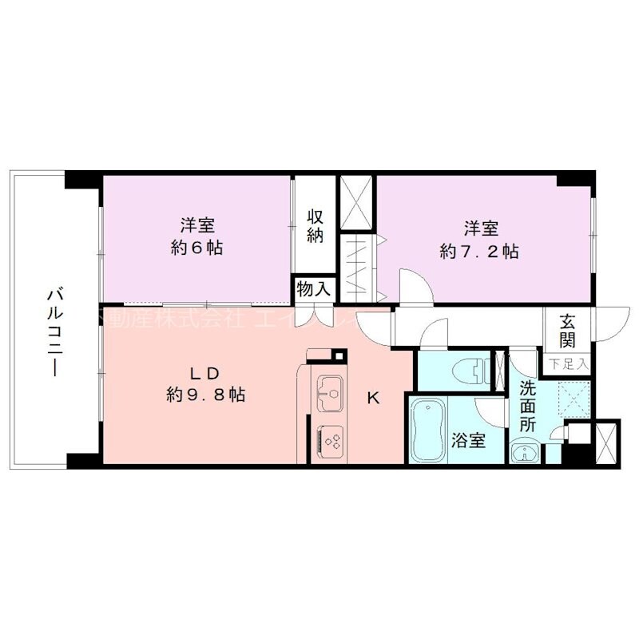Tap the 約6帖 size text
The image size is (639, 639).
tap(196, 248)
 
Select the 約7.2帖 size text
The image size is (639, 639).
tap(479, 252)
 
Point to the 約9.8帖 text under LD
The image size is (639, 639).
tap(206, 394)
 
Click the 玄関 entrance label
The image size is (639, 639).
tap(568, 331)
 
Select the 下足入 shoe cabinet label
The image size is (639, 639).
tap(569, 364)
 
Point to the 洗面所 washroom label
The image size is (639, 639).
tap(529, 407)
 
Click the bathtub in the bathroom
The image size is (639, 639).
tap(427, 431)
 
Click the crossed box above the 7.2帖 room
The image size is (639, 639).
tap(355, 200)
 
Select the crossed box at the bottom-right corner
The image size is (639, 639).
tap(606, 441)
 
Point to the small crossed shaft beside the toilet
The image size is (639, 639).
tap(502, 371)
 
